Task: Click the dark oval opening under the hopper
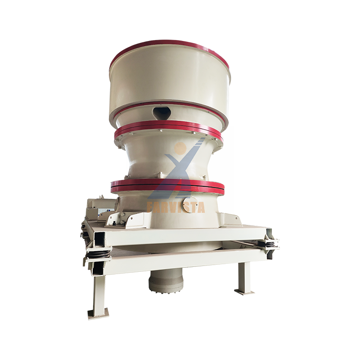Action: coord(162,112)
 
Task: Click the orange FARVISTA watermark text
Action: coord(176,207)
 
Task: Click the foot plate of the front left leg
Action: coord(98,313)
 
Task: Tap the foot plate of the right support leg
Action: coord(244,292)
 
